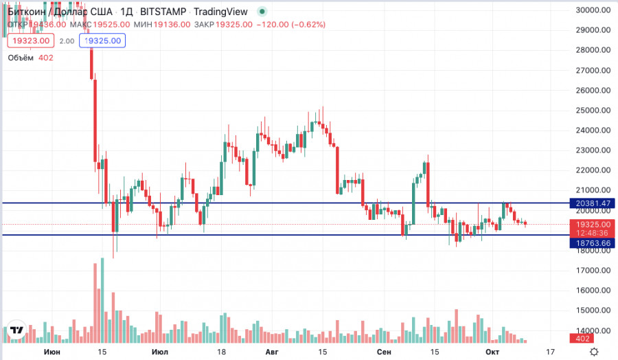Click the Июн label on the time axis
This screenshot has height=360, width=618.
point(51,352)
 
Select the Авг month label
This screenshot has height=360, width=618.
point(272,352)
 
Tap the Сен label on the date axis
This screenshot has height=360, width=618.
point(385,352)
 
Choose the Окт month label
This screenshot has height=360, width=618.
point(492,352)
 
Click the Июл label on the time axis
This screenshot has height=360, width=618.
point(160,352)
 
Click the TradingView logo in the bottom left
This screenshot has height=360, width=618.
point(17,331)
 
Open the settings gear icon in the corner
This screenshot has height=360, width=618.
point(604,351)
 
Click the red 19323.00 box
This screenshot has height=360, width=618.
point(29,41)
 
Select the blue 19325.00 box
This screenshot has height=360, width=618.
point(102,41)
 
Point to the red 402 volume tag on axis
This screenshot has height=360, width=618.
point(584,339)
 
